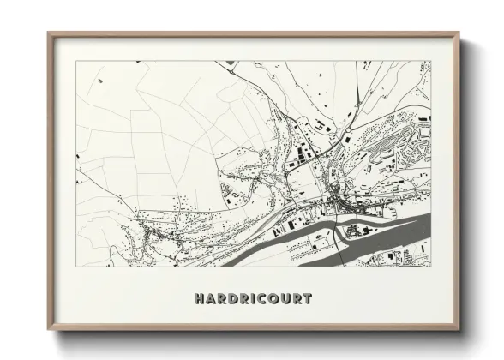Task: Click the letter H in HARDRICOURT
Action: pyautogui.click(x=200, y=300)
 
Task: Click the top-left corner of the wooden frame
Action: pyautogui.click(x=48, y=33)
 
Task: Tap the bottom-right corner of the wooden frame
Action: pyautogui.click(x=459, y=333)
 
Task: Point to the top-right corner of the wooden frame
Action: pyautogui.click(x=459, y=33)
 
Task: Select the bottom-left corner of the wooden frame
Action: pyautogui.click(x=48, y=333)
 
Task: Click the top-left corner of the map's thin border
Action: pyautogui.click(x=76, y=61)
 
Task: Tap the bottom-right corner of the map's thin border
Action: pyautogui.click(x=432, y=266)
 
